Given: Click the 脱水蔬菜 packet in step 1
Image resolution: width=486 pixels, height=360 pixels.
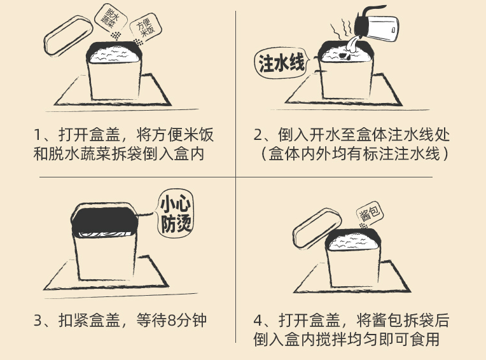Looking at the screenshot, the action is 111,18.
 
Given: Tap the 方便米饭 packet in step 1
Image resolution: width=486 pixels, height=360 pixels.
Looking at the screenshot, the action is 146,27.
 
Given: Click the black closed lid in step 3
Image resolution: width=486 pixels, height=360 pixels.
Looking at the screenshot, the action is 104,220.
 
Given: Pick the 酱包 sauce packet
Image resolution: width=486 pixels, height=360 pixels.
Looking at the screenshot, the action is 370,214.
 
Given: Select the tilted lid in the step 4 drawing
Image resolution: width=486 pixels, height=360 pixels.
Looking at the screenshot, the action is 317,228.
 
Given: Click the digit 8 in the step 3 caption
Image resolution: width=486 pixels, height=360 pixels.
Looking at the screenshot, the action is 171,321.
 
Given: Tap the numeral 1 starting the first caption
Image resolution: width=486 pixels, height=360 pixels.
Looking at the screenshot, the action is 37,135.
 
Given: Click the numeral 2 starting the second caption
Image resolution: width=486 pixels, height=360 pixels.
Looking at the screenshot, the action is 258,135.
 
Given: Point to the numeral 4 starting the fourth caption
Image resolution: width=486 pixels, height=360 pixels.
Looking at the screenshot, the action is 258,321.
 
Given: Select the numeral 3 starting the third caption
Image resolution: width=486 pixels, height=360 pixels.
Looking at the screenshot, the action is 38,321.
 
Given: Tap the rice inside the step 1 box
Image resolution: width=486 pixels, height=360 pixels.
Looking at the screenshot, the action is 114,55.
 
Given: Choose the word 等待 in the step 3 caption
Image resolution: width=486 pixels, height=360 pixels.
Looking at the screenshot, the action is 151,321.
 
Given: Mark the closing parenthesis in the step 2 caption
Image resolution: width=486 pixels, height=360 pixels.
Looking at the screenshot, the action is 445,154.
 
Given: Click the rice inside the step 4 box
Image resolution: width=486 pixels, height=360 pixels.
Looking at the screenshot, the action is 352,242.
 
